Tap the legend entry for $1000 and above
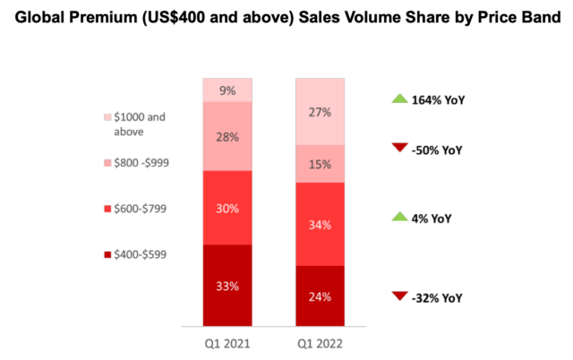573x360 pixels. pos(140,124)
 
